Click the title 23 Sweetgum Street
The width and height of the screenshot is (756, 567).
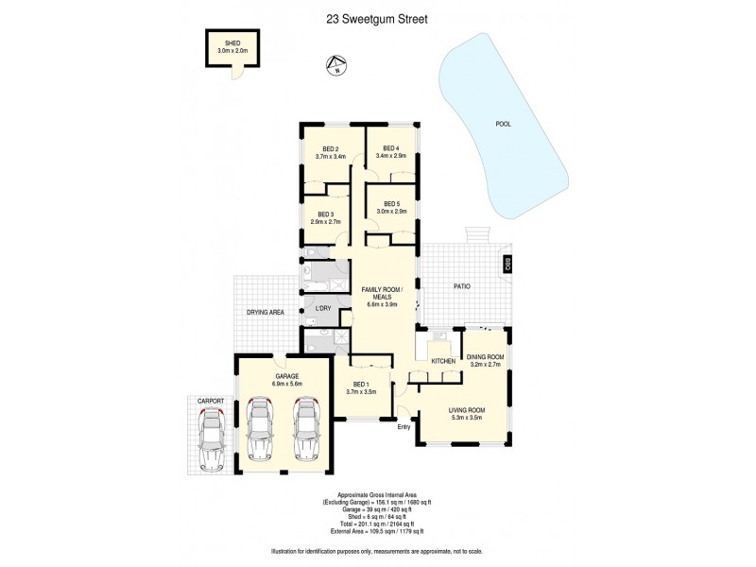pos(378,16)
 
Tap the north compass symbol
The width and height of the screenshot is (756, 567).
pos(332,65)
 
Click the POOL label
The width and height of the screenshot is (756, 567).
pos(503,124)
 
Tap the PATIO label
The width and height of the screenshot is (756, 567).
pos(461,285)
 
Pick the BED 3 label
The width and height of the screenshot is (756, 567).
pos(327,215)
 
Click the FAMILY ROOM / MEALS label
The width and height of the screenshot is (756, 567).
pos(383,292)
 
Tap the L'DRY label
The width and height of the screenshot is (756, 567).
pos(321,309)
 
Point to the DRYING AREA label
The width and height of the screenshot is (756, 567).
pos(266,311)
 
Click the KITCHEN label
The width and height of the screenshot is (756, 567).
pos(444,361)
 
